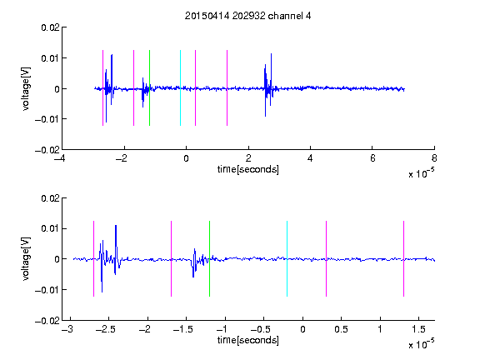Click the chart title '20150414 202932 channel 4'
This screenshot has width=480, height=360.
247,16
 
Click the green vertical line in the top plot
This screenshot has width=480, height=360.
149,87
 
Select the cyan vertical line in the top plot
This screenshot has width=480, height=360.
180,87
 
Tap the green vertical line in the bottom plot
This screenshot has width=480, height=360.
209,258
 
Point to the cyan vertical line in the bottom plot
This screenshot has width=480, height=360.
287,258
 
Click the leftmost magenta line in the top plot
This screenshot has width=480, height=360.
102,87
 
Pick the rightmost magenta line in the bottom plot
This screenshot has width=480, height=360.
403,258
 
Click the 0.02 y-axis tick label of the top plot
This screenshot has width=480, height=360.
51,27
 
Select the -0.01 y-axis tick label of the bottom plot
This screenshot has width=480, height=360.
47,290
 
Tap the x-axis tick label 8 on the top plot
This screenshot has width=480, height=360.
434,158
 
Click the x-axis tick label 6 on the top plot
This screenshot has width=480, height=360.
372,158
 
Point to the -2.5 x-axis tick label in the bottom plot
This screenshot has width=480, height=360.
105,329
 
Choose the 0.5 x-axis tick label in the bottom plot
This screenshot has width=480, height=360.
341,329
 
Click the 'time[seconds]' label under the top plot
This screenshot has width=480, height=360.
248,169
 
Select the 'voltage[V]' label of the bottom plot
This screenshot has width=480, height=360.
27,258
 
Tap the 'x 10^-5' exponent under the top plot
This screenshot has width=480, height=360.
421,173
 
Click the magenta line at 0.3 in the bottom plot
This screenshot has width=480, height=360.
326,258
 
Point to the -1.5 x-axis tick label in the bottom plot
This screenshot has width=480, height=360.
182,329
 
